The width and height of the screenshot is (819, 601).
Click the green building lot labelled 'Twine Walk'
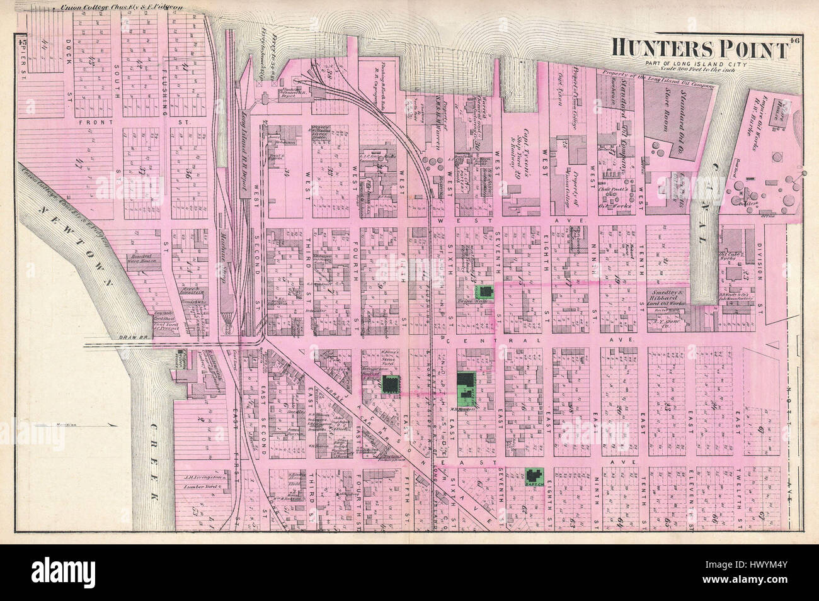coord(486,290)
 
